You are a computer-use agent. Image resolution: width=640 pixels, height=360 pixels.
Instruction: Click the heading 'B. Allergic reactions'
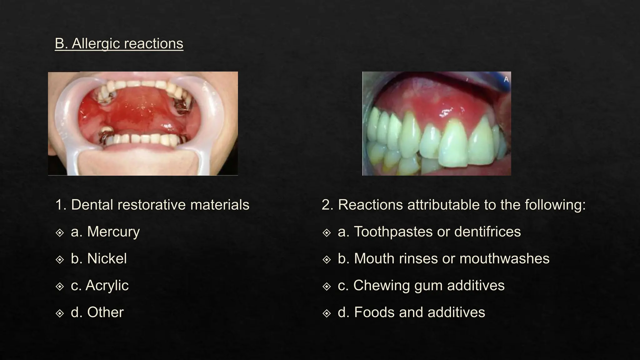tap(119, 43)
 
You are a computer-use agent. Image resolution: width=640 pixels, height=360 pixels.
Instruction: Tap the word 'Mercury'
tap(113, 232)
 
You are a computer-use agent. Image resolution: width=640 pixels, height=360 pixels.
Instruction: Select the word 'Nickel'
tap(107, 259)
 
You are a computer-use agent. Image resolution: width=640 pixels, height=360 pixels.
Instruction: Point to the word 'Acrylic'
tap(107, 286)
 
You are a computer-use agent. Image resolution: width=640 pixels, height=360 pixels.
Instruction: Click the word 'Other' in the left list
tap(105, 312)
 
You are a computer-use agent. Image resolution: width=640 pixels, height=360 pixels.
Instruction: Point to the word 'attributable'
tap(443, 205)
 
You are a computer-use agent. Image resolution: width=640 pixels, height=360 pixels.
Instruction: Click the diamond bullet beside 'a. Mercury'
tap(59, 232)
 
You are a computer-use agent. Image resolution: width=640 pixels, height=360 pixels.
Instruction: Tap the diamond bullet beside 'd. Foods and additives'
tap(326, 313)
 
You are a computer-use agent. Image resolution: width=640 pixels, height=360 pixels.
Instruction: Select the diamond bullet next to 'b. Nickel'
tap(59, 259)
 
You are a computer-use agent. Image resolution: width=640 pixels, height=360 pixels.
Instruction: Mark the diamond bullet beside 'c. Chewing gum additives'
tap(326, 286)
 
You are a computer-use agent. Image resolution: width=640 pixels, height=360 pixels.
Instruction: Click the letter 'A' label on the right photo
tap(506, 80)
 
